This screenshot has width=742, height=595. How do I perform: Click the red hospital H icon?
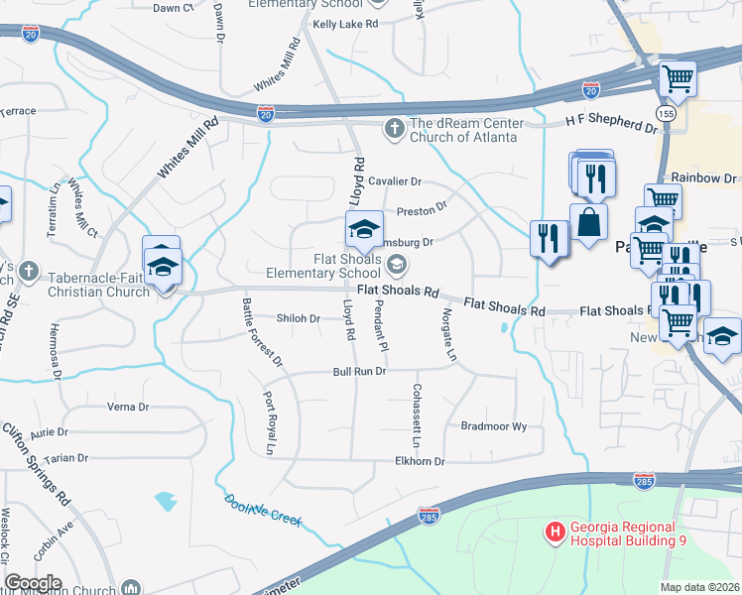555,534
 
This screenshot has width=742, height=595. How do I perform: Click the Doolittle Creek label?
262,510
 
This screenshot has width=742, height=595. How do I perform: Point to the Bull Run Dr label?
358,372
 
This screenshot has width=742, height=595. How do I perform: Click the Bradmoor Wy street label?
494,425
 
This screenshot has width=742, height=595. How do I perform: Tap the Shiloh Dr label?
298,318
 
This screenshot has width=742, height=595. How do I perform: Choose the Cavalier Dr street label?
395,182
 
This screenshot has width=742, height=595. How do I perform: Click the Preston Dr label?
422,210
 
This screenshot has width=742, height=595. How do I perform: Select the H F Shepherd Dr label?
611,121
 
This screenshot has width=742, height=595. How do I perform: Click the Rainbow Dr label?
703,178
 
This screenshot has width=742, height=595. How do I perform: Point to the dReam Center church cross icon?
394,128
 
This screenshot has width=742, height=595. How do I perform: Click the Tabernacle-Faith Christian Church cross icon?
29,271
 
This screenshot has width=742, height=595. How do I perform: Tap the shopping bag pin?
588,223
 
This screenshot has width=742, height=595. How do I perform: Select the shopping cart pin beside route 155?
677,78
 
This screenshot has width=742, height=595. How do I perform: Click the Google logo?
33,583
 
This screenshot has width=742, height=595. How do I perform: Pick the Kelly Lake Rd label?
345,23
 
